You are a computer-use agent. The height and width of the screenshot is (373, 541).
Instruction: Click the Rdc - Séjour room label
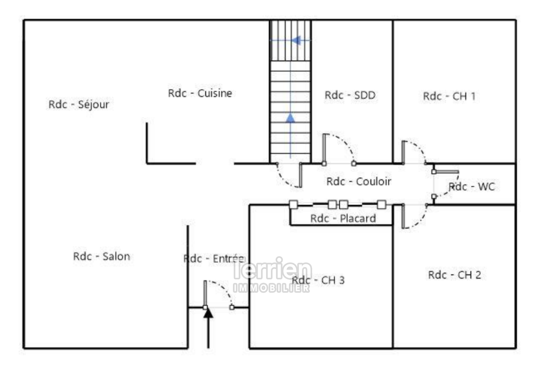(x=79, y=105)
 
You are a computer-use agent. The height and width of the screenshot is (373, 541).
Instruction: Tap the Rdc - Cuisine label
(x=200, y=93)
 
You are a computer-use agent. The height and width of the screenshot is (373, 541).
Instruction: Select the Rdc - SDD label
(x=350, y=95)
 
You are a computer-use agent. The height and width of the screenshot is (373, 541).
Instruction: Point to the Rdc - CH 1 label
(x=449, y=96)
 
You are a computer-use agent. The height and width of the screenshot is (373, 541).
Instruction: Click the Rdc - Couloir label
(x=359, y=181)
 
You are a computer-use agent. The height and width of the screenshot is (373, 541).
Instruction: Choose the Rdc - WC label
(x=472, y=187)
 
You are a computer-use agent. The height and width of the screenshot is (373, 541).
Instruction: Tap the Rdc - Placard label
(x=343, y=218)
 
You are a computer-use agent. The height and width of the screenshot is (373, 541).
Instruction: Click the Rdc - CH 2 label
(x=454, y=275)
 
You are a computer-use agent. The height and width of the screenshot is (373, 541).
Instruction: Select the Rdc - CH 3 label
(x=318, y=280)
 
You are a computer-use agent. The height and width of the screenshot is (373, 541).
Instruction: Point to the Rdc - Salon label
(x=101, y=256)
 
